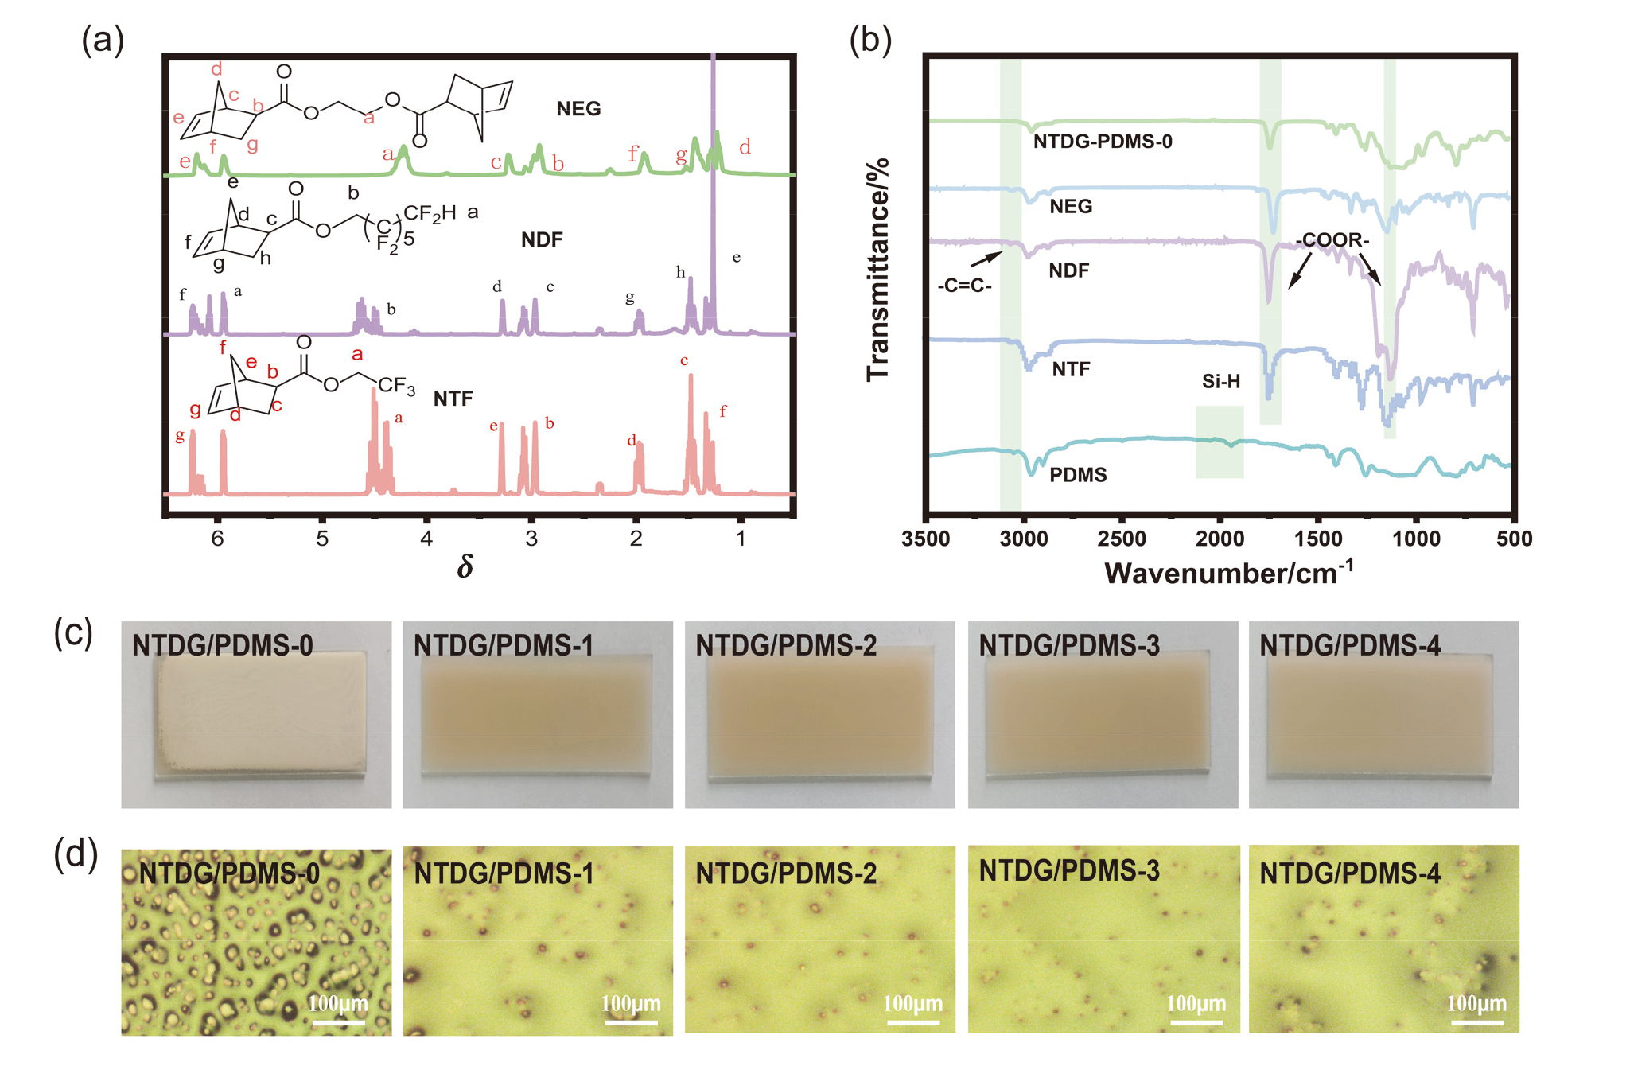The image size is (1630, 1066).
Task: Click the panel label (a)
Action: [x=103, y=41]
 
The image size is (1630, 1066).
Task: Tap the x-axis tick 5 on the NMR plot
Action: [x=322, y=539]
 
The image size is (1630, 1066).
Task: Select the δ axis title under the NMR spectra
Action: [x=465, y=566]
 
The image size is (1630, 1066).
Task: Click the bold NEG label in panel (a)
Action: [x=578, y=109]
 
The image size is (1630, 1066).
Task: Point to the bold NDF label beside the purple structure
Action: [x=542, y=239]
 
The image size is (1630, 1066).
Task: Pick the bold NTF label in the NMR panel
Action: [x=453, y=399]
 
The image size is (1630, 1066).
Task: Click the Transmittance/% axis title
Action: [x=878, y=270]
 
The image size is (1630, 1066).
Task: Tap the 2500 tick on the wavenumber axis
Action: [x=1122, y=539]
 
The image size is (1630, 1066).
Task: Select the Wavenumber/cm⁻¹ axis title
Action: [x=1228, y=573]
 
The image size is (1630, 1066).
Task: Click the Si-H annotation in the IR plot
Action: [x=1220, y=382]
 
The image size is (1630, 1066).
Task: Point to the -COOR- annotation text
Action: [x=1332, y=240]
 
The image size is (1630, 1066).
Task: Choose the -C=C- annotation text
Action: [x=964, y=286]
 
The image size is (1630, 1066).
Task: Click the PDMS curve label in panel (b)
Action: [x=1078, y=475]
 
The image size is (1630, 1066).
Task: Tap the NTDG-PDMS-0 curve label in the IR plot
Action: [x=1103, y=142]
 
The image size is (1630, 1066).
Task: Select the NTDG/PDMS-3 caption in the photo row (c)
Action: [x=1068, y=645]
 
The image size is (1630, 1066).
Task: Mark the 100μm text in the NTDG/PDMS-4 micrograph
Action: [x=1476, y=1003]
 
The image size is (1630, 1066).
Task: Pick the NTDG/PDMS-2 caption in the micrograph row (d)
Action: [x=786, y=873]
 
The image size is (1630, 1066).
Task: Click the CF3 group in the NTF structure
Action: [x=396, y=386]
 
